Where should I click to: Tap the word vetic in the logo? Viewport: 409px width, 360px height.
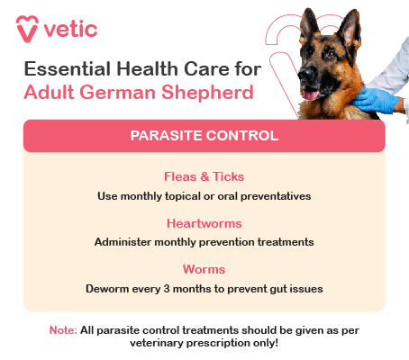coord(71,29)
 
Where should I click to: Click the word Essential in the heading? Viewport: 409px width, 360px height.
coord(64,69)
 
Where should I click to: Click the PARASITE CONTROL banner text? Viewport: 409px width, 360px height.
coord(204,136)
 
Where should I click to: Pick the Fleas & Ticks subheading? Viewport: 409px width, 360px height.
coord(204,177)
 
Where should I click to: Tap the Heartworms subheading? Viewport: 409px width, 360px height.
coord(204,223)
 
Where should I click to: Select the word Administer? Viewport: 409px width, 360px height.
coord(124,242)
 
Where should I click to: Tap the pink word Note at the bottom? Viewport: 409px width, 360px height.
coord(62,330)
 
